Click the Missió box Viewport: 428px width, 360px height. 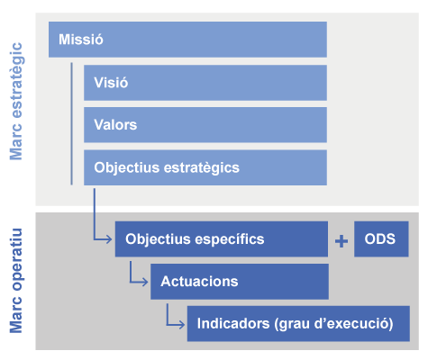click(187, 40)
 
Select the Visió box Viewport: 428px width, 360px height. click(205, 83)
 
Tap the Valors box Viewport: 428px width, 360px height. click(205, 125)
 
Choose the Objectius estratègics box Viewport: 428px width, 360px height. click(205, 167)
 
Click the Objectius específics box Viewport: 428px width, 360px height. click(222, 239)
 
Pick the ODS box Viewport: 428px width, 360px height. click(381, 239)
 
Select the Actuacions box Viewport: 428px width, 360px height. click(240, 282)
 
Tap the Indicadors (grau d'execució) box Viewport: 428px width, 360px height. click(298, 324)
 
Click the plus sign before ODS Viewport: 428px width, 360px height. click(341, 241)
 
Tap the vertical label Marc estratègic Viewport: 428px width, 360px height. click(16, 102)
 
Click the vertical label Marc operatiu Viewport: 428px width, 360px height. click(16, 281)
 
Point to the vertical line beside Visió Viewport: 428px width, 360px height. click(71, 123)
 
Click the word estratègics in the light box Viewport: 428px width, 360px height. click(202, 168)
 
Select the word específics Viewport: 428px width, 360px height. click(230, 239)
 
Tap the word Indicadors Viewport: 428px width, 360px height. click(233, 324)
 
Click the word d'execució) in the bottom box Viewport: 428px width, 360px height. click(353, 324)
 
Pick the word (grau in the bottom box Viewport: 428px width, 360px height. click(292, 325)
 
